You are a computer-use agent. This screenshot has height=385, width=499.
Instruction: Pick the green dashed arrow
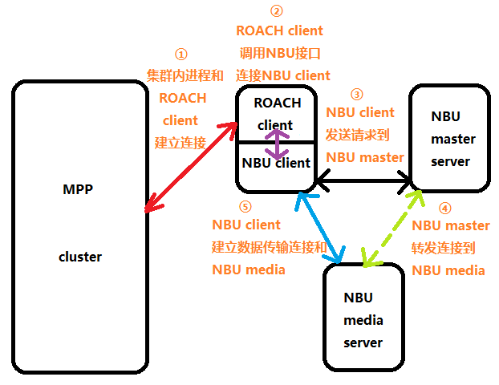393,227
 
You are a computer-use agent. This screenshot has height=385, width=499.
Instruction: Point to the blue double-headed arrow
320,227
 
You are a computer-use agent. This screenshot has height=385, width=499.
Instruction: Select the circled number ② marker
277,11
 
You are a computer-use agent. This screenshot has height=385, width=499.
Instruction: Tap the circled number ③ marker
357,94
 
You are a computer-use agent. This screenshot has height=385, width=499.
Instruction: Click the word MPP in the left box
78,189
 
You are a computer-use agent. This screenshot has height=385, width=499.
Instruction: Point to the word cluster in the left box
80,257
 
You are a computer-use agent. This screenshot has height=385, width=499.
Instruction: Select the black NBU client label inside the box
276,163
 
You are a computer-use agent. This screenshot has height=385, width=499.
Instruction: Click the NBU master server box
448,140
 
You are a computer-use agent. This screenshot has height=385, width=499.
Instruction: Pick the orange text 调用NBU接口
280,54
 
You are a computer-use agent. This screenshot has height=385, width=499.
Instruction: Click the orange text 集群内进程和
185,76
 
